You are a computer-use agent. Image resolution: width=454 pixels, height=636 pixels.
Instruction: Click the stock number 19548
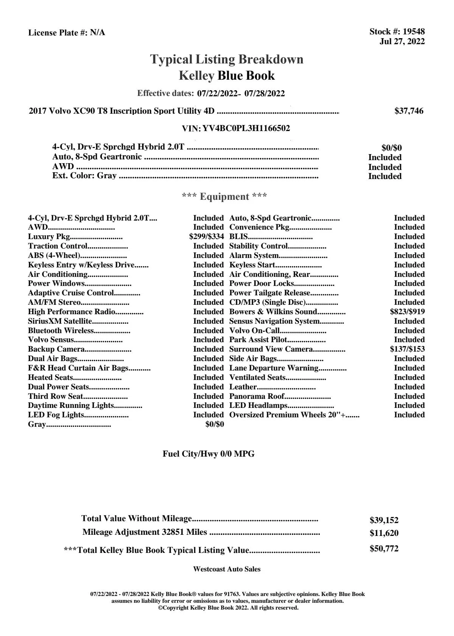point(414,32)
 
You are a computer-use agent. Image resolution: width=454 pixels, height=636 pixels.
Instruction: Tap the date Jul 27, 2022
point(402,41)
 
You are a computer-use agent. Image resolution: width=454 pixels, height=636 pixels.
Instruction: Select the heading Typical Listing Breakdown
point(227,59)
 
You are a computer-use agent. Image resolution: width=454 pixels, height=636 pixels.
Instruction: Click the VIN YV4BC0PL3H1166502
point(246,128)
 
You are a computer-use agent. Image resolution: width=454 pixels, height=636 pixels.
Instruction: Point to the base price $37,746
point(409,111)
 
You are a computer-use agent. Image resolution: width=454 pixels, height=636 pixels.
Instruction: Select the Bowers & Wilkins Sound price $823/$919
point(407,312)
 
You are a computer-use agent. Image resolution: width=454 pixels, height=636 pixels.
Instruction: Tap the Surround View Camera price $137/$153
point(407,349)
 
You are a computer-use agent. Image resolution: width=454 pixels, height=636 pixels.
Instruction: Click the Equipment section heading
point(225,197)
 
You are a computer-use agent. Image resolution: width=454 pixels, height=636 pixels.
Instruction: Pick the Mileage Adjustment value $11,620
point(384,533)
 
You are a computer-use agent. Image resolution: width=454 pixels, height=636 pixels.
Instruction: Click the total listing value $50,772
point(384,549)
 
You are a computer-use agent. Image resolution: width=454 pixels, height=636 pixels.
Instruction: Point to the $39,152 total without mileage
point(384,520)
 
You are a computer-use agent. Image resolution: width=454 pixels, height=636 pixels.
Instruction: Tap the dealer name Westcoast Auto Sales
point(227,569)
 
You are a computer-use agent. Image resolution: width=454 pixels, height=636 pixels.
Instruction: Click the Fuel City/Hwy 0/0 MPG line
point(209,454)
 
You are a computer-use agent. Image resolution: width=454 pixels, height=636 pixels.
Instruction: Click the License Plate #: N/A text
point(67,33)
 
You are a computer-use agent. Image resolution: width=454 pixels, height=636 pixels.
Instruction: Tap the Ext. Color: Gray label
point(84,176)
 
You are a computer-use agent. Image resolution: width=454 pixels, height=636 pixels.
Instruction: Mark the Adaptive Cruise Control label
point(71,293)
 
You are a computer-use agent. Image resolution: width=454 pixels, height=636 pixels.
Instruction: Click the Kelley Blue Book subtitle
point(227,76)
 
